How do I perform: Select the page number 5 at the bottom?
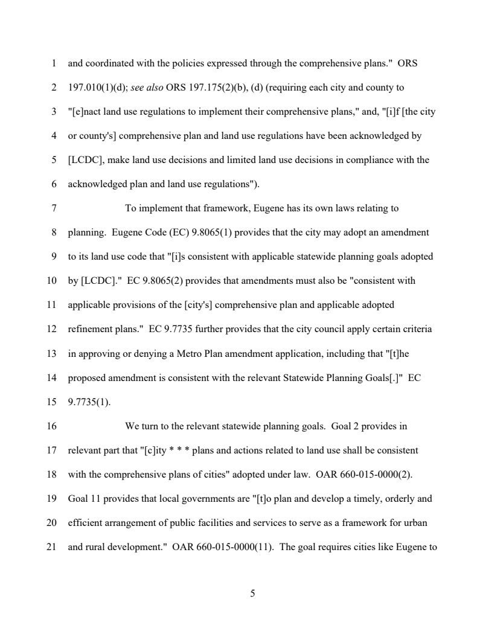tap(252, 594)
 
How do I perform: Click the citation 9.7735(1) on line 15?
tap(89, 402)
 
